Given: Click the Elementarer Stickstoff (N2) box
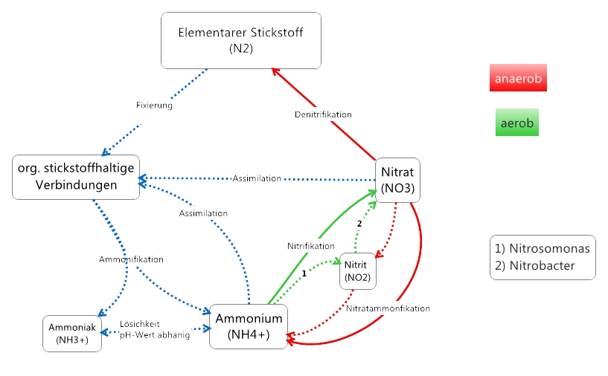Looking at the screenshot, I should point(241,40).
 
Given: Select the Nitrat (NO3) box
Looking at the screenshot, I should point(397,180).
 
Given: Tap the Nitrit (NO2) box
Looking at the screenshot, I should point(357,272).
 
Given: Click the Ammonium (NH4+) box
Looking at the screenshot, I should point(249,326).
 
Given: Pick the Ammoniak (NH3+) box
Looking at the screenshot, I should point(71,334).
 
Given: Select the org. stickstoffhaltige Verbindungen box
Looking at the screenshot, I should point(77,177).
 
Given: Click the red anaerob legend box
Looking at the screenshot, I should point(518,78).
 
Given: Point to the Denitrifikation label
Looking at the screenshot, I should point(322,114).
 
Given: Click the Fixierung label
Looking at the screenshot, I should point(154,106).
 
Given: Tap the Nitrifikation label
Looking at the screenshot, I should point(310,245).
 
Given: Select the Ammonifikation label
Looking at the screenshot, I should point(131,259).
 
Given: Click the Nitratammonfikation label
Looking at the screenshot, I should point(388,308).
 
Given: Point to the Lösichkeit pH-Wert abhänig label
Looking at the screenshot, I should point(154,329).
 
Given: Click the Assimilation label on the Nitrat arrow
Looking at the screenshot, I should point(257,178).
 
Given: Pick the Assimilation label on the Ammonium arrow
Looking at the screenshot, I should point(203,213).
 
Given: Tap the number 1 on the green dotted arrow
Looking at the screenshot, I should point(304,273).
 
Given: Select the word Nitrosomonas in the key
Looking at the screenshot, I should point(548,249).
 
